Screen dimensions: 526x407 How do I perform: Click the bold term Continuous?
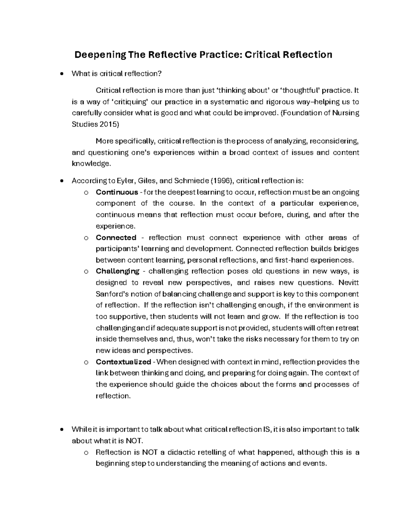(117, 192)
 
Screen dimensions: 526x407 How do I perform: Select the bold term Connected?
(116, 237)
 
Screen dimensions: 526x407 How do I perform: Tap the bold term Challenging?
(117, 271)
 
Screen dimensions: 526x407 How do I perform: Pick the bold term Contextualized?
(123, 362)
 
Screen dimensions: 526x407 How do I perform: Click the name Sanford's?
(111, 294)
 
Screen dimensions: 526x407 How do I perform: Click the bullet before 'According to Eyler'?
(61, 181)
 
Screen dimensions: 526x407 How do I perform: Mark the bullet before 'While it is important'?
(61, 429)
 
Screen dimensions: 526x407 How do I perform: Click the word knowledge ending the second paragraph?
(91, 164)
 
